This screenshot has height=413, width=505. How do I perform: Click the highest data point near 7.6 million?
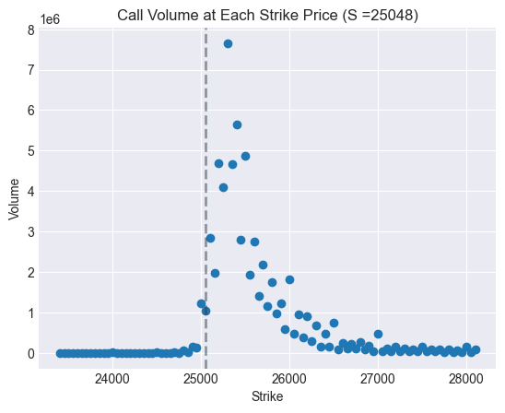[x=228, y=43]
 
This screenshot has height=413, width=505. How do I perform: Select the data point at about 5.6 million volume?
[x=237, y=124]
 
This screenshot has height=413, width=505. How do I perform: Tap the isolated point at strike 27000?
[x=378, y=334]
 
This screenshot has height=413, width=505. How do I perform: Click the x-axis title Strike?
[x=267, y=396]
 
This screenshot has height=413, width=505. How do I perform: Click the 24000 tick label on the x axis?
[x=112, y=378]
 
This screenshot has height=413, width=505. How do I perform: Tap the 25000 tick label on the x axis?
[x=201, y=378]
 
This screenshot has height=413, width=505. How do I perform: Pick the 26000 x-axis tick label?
[x=289, y=378]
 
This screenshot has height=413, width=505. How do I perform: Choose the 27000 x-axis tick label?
[x=378, y=378]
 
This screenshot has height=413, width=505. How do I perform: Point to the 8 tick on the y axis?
[x=30, y=29]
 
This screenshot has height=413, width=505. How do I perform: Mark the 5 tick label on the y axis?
[x=30, y=151]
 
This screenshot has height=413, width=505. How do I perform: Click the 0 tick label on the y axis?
[x=30, y=354]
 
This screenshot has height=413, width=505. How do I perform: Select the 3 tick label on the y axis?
[x=30, y=232]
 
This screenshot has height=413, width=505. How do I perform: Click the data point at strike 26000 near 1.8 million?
[x=289, y=279]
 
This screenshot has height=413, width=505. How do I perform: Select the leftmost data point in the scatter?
[x=61, y=353]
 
